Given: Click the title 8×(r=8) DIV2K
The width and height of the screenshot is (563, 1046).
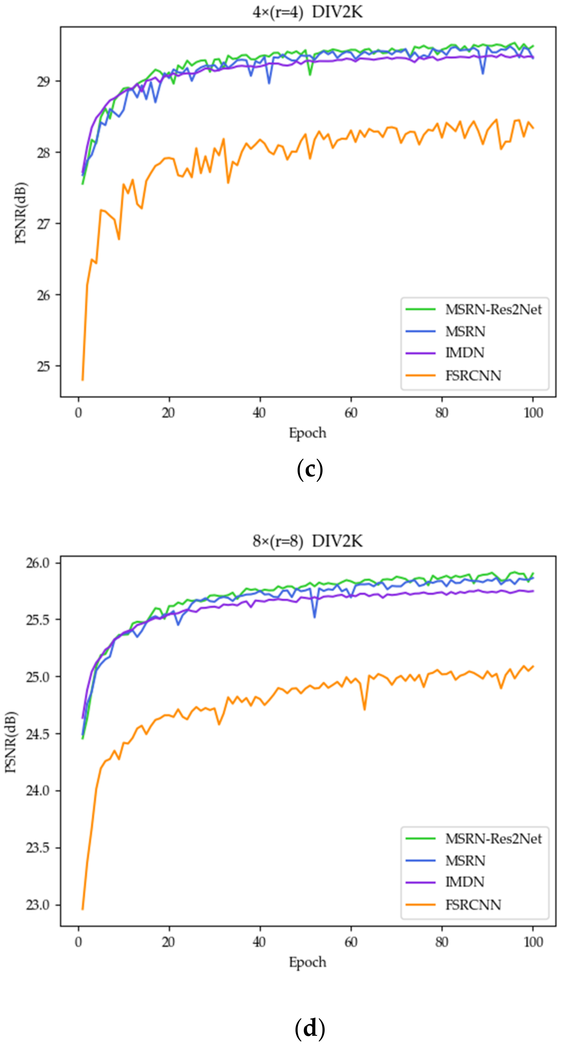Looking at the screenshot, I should (x=308, y=541).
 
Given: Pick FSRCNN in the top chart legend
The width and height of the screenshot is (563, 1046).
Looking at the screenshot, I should (x=473, y=376).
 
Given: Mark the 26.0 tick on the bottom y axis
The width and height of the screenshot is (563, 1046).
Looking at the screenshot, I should (x=37, y=563).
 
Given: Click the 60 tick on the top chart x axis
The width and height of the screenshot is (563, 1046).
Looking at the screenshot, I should (x=351, y=413).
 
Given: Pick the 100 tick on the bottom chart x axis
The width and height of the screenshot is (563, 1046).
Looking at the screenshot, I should (x=533, y=942).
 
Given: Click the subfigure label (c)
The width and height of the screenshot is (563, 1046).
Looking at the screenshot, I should (x=310, y=470).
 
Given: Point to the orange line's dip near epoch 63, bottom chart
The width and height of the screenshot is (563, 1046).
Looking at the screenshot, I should (x=364, y=709).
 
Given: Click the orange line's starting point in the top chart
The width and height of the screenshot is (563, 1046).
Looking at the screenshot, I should (x=83, y=380).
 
